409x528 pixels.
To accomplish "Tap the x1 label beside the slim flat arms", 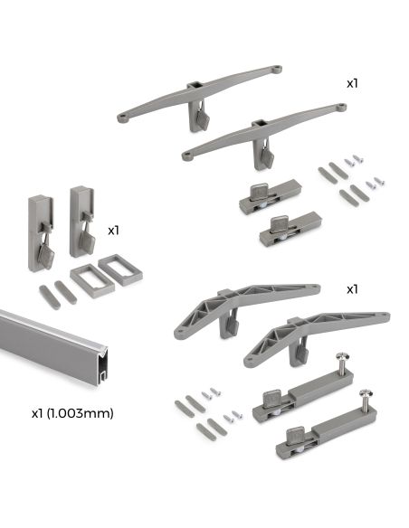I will [x=353, y=82].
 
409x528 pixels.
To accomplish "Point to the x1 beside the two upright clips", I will [x=114, y=231].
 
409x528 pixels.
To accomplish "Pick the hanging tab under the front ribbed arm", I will [x=299, y=355].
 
